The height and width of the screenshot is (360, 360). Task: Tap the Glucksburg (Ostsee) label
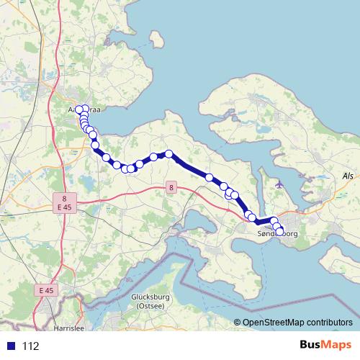pyautogui.click(x=150, y=302)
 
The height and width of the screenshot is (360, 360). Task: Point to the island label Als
pyautogui.click(x=348, y=176)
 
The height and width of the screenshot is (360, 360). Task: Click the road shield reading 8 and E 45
pyautogui.click(x=64, y=203)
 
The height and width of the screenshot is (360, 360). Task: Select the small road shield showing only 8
pyautogui.click(x=171, y=189)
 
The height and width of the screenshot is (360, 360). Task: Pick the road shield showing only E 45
pyautogui.click(x=46, y=289)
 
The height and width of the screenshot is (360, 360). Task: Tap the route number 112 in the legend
pyautogui.click(x=30, y=346)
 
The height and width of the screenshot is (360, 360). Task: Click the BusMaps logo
pyautogui.click(x=325, y=346)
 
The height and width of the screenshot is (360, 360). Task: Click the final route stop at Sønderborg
pyautogui.click(x=279, y=230)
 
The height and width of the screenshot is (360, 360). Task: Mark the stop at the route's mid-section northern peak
pyautogui.click(x=169, y=153)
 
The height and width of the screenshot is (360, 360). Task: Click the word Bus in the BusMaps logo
pyautogui.click(x=313, y=346)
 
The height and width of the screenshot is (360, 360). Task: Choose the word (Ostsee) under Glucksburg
pyautogui.click(x=150, y=306)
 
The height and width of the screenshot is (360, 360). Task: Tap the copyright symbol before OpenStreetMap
pyautogui.click(x=237, y=323)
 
